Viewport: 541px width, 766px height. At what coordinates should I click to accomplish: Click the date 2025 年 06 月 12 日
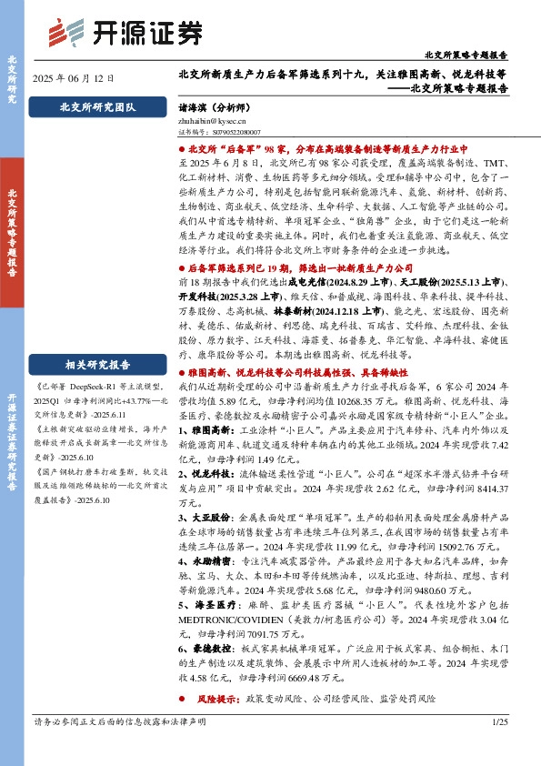[73, 78]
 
